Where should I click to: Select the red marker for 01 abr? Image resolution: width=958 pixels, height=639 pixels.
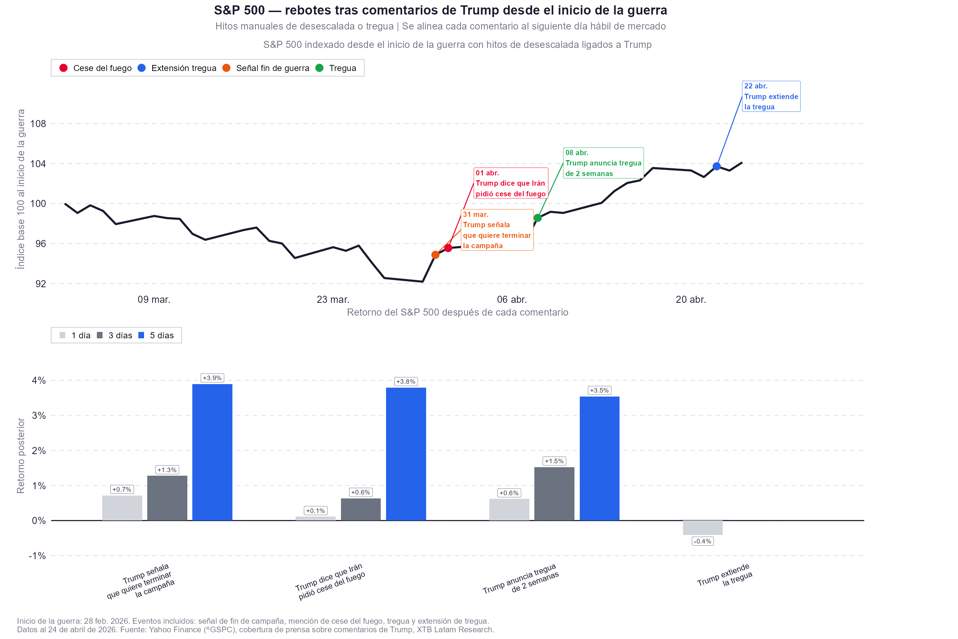448,248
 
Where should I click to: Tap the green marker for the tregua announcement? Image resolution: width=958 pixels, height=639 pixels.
538,218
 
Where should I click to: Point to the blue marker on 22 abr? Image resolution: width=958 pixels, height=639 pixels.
717,166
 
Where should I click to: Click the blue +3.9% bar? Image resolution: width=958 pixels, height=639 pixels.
212,452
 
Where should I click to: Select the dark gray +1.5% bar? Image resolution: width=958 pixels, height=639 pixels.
554,493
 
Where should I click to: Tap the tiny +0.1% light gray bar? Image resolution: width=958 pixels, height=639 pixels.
316,518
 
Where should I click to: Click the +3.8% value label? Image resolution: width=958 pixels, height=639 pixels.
406,381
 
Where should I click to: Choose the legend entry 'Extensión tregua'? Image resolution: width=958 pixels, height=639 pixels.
178,68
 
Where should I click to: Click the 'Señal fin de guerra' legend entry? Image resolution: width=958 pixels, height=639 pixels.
266,68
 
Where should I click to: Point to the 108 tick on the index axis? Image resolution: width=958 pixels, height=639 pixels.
38,124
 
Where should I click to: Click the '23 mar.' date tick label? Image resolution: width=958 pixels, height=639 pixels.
333,300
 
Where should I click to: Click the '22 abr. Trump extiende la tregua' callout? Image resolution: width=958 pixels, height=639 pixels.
771,97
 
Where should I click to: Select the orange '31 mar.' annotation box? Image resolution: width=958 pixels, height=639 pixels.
497,230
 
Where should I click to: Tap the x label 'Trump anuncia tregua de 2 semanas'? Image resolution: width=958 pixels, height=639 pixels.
521,579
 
